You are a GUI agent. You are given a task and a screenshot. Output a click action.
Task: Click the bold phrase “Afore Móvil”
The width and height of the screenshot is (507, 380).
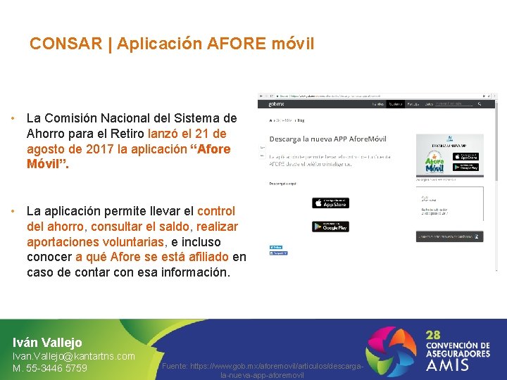129,157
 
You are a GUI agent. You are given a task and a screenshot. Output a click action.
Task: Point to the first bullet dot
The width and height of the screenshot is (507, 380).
14,118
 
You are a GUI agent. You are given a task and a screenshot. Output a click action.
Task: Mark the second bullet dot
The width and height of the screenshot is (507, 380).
14,211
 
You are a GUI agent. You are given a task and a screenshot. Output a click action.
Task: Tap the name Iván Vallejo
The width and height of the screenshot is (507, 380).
47,343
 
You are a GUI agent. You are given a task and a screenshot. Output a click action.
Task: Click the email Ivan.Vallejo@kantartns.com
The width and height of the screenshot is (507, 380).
74,357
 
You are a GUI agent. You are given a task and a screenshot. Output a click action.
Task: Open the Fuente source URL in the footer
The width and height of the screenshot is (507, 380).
262,372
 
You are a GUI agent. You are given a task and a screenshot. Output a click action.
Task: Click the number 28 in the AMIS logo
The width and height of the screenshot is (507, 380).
435,335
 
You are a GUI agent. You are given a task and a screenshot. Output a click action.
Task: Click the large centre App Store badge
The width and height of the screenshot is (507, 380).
330,203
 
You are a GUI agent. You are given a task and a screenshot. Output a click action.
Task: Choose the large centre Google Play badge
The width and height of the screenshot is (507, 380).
330,227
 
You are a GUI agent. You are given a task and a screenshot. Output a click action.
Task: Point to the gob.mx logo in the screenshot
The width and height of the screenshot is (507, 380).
275,103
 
